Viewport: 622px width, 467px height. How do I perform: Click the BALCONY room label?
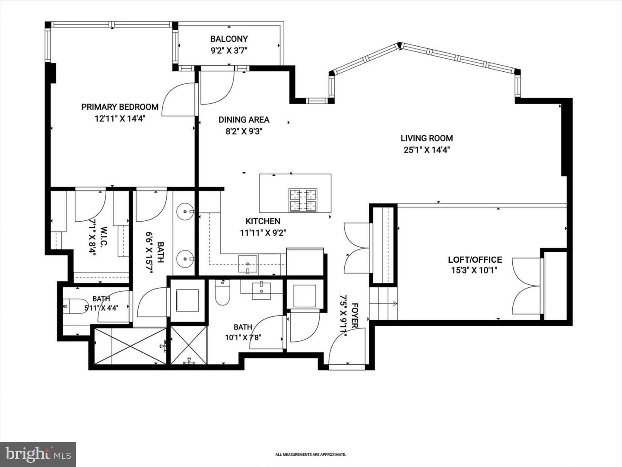coord(229,38)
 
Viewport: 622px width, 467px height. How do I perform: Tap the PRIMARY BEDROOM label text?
coord(120,107)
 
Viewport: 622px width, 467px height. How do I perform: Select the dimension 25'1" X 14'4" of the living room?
coord(427,150)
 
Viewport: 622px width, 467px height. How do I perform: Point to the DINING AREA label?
coord(244,120)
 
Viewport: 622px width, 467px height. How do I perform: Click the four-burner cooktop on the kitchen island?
coord(303,200)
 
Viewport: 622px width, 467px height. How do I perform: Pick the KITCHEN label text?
coord(263,221)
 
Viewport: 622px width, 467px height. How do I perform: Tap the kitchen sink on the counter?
coord(248,264)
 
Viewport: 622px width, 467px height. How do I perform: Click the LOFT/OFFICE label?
coord(475,260)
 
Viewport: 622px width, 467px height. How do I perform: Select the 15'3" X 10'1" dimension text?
coord(474,270)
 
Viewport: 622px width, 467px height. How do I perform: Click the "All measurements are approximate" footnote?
coord(311,447)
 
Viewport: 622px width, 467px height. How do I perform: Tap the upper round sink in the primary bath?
coord(185,211)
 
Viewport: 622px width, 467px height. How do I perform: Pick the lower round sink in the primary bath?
coord(185,258)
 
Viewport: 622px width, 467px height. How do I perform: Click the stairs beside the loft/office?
coord(383,304)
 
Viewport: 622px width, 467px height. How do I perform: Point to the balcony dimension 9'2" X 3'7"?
coord(229,51)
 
